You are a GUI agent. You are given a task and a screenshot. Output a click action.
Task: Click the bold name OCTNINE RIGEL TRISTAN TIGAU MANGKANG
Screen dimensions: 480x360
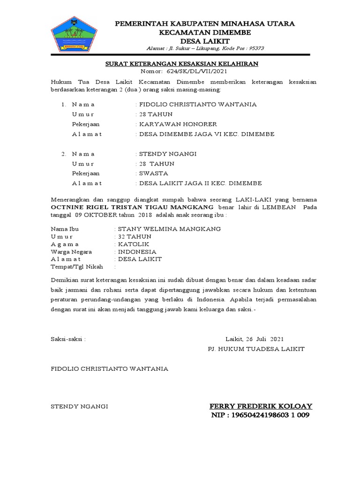coord(132,207)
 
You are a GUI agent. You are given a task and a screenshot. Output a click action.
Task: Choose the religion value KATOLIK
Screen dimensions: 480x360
coord(131,244)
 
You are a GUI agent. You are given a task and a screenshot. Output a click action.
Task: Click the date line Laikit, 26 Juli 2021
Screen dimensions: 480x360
coord(255,338)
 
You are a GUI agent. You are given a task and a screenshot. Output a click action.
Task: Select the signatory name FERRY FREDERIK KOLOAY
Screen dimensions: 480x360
coord(261,406)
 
